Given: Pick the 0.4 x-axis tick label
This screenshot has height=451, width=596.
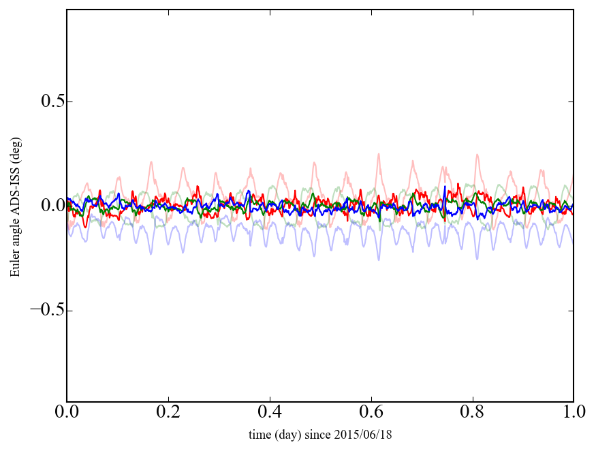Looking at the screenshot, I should pos(270,413).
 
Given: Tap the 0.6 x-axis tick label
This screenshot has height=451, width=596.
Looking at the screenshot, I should pos(371,413).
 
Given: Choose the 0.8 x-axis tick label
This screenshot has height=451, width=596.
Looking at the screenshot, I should pos(472,413).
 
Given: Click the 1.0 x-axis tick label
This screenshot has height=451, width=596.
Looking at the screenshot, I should pos(573,413).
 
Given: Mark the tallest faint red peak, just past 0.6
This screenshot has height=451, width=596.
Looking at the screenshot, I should pos(378,154).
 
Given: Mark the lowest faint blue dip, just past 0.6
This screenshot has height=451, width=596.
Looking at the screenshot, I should pos(379,260).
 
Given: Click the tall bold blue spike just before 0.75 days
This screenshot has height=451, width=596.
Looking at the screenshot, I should pos(445,186).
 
